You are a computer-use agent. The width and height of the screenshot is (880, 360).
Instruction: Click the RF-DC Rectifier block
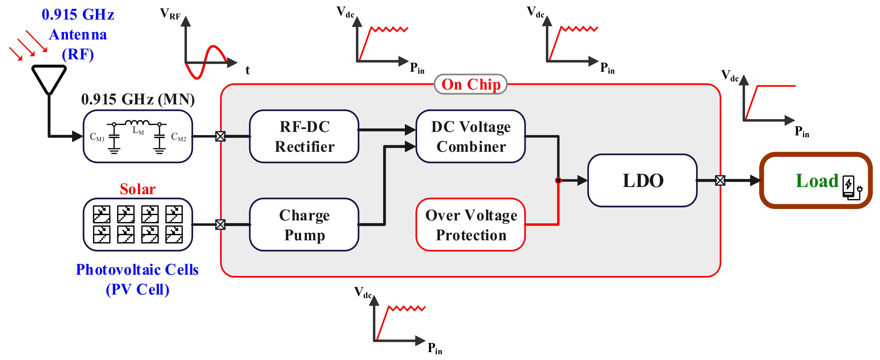tap(304, 136)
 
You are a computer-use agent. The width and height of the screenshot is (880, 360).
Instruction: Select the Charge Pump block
tap(304, 225)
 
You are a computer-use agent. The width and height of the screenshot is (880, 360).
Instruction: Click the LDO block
tap(642, 180)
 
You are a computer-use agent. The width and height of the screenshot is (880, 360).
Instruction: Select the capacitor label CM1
tap(97, 137)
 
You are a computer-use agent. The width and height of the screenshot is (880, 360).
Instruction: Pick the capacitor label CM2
tap(179, 137)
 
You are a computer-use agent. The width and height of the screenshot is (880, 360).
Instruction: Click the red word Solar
tap(138, 189)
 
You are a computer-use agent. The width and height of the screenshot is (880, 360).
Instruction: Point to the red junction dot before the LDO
tap(558, 180)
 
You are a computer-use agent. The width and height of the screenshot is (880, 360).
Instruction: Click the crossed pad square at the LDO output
tap(720, 180)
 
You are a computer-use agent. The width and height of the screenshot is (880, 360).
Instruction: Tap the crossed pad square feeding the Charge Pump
tap(220, 224)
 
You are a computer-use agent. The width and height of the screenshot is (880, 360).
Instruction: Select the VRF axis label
tap(170, 14)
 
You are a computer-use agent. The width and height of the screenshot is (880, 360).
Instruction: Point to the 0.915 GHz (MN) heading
tap(138, 99)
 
